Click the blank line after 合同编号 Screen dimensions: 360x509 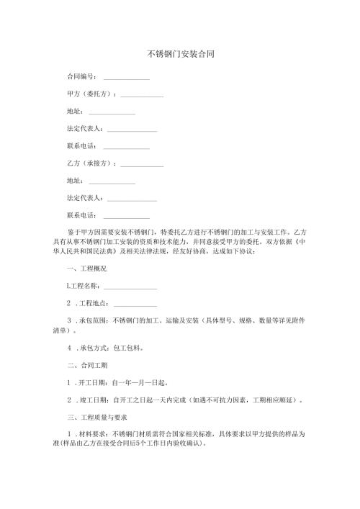click(x=127, y=78)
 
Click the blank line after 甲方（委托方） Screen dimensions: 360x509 click(x=143, y=95)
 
